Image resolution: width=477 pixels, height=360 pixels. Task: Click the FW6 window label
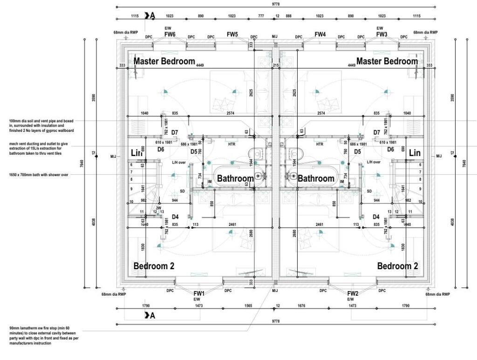click(x=170, y=34)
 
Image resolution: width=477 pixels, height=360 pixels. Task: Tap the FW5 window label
click(x=232, y=34)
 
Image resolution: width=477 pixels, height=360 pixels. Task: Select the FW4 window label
click(x=320, y=34)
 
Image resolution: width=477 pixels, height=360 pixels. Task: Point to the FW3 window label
click(x=382, y=34)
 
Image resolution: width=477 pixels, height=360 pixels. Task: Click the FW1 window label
click(x=199, y=293)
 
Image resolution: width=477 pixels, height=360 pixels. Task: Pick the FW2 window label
click(x=353, y=293)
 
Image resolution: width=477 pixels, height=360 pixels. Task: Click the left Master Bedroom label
click(x=164, y=61)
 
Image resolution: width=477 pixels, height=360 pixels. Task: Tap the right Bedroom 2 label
click(x=397, y=266)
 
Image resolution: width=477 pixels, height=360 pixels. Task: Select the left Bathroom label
click(x=235, y=178)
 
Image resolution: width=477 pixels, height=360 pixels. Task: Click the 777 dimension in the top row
click(x=261, y=16)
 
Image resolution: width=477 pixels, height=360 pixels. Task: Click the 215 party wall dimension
click(x=276, y=66)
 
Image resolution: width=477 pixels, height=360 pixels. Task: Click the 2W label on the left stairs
click(x=159, y=208)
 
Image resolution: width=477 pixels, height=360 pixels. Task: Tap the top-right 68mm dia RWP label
click(x=426, y=33)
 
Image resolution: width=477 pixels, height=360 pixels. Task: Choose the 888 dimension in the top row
click(x=289, y=16)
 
